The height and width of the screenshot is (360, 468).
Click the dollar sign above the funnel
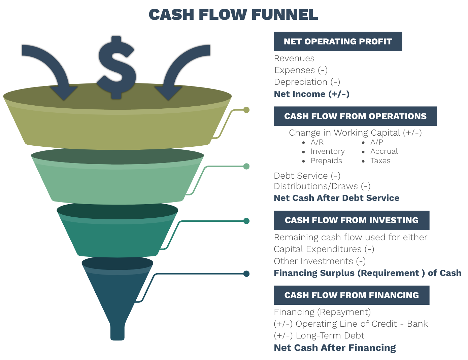[116, 67]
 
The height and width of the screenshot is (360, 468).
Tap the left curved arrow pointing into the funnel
[51, 67]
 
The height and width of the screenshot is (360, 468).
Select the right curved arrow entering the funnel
[182, 67]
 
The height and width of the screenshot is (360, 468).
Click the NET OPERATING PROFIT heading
[338, 41]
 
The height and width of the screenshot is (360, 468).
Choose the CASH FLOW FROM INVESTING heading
[352, 220]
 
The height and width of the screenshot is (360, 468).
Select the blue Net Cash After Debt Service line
[337, 199]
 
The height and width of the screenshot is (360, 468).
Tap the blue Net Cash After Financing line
[335, 349]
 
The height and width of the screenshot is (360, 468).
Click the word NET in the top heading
[292, 41]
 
